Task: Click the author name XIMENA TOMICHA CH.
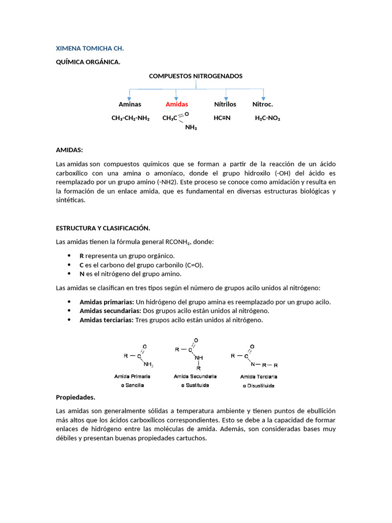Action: (90, 49)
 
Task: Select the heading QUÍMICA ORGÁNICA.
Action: (88, 62)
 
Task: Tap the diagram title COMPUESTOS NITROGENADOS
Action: (195, 76)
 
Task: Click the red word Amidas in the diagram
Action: (177, 104)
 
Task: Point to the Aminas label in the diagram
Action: (130, 104)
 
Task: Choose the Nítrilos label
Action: (225, 104)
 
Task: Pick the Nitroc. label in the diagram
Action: (262, 104)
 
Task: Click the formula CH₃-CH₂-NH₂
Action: (130, 118)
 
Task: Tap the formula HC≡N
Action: (222, 118)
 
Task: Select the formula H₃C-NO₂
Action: (267, 118)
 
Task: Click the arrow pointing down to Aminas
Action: (130, 96)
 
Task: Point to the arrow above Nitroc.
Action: (263, 96)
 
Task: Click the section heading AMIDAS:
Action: (69, 150)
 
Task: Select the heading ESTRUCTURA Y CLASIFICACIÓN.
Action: (103, 228)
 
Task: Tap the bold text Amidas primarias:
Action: (107, 302)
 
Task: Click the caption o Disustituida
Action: (258, 386)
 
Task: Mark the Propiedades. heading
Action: (76, 397)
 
